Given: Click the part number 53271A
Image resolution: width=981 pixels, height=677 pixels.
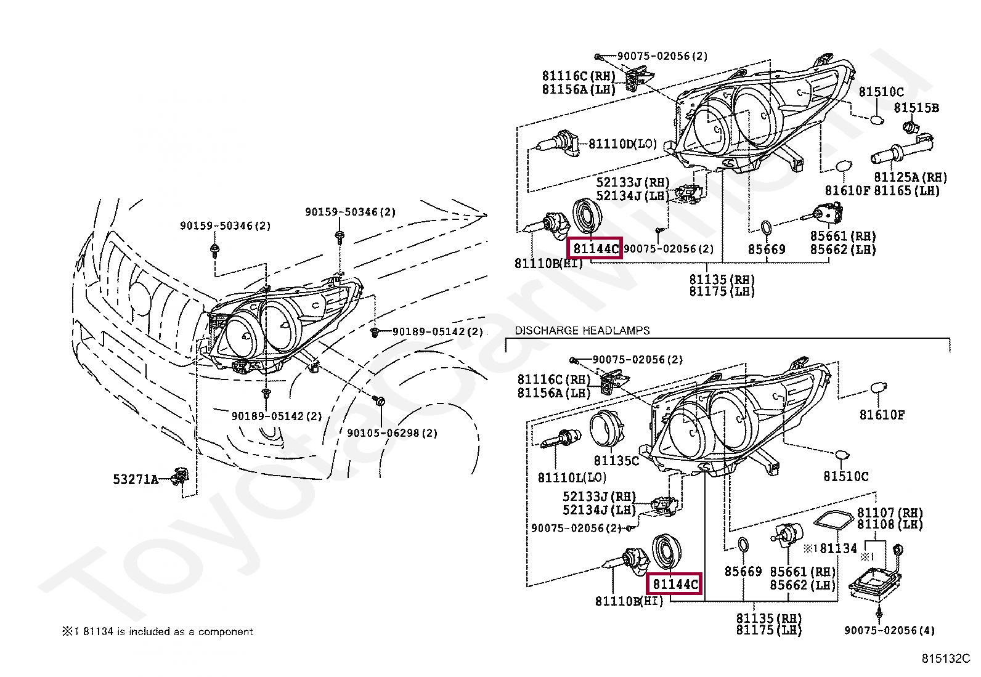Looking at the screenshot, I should tap(136, 479).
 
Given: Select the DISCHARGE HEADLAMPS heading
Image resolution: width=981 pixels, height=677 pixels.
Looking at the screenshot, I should tap(582, 331).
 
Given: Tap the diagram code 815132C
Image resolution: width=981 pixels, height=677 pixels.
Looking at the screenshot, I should tap(945, 659).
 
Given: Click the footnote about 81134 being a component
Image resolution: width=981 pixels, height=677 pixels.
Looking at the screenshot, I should tap(157, 631).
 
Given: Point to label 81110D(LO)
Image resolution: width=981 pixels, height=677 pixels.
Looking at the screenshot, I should tap(622, 144).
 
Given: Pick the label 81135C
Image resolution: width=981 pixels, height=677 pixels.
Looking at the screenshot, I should tap(616, 461).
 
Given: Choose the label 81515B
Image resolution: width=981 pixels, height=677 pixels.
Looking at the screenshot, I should tap(916, 108).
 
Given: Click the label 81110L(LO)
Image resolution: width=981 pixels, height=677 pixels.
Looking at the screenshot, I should tap(572, 477).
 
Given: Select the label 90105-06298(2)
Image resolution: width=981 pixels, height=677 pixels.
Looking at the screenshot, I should tap(392, 433).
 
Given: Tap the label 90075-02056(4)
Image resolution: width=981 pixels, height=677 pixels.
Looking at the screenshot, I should tap(889, 630).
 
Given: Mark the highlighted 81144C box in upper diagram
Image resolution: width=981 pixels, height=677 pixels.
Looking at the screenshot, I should tap(595, 249).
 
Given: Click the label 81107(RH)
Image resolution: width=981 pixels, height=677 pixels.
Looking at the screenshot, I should tap(890, 513).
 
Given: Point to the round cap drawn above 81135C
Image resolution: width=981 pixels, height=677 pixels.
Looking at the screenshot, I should tap(606, 429).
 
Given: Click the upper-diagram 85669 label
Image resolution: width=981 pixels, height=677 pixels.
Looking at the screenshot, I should tap(767, 249).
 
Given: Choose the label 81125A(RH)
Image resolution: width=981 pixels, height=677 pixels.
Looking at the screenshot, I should tap(910, 177).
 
